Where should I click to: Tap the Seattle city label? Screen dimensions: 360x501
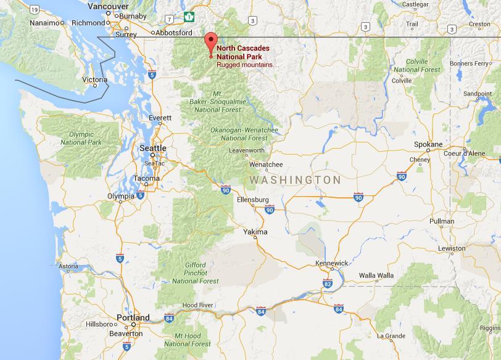point(153,148)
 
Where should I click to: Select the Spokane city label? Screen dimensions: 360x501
point(428,144)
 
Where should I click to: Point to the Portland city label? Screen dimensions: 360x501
point(133,317)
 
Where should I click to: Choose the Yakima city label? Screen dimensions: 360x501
point(255,232)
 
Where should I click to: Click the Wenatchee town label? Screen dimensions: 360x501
point(266,165)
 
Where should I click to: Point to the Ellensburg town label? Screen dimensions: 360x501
point(253,200)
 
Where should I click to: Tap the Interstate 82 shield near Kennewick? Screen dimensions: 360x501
point(327,283)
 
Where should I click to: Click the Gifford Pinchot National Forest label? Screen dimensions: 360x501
point(195,272)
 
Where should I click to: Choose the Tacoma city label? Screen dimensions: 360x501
point(146,178)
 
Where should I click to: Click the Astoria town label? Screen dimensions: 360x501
point(68,267)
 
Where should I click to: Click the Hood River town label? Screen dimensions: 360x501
point(197,305)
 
